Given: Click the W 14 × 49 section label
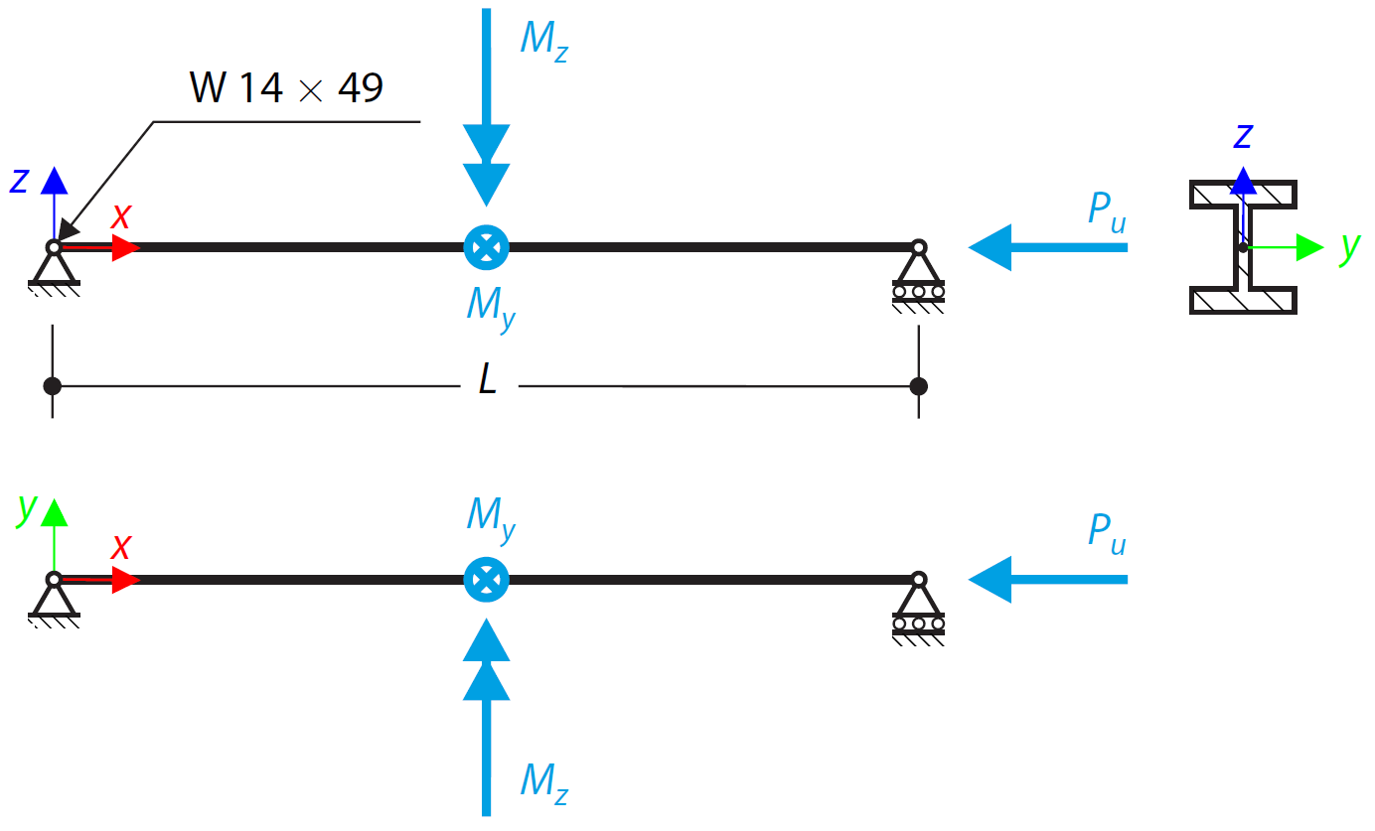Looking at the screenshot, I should (x=286, y=89).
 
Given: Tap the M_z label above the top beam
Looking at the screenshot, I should (x=543, y=42).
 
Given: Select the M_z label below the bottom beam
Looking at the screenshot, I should (x=543, y=781).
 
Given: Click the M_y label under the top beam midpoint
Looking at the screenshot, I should (x=491, y=306).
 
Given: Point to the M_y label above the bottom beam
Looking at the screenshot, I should (x=491, y=517).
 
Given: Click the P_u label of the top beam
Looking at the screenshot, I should (x=1107, y=210).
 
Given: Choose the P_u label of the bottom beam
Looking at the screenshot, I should (x=1107, y=533).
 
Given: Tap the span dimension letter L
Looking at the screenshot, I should (x=487, y=380).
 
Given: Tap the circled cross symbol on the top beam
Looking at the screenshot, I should (x=487, y=246).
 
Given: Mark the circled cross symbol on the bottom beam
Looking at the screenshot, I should (x=487, y=579).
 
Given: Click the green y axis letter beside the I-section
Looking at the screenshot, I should (x=1348, y=248).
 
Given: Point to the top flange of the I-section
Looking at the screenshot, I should (x=1243, y=194).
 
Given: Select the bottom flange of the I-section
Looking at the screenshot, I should (x=1243, y=301).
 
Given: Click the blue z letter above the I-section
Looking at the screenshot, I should (x=1242, y=136).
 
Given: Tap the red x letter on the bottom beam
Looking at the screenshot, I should (x=121, y=547).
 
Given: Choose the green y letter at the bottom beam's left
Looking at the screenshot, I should (x=27, y=507).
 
